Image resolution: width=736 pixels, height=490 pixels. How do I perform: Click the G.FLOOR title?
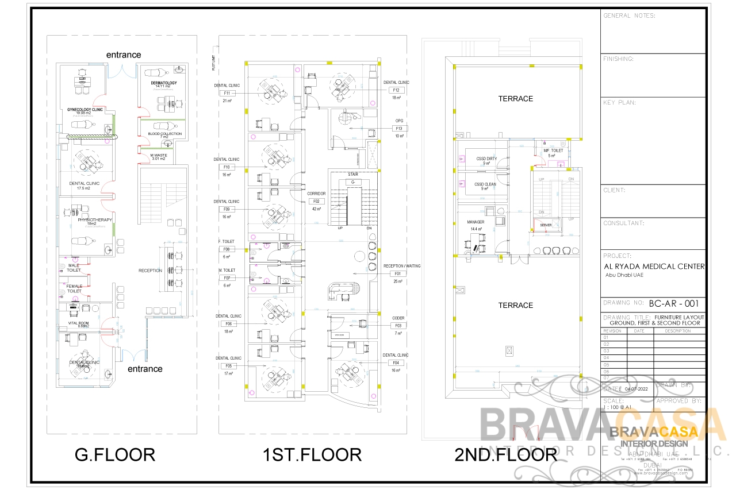tap(115, 455)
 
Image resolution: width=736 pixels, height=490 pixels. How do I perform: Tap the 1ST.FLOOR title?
tap(312, 455)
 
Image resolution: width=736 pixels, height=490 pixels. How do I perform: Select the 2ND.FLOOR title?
tap(505, 455)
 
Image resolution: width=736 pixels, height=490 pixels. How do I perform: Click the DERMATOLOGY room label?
tap(164, 83)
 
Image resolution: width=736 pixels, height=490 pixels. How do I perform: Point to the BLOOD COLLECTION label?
tap(164, 134)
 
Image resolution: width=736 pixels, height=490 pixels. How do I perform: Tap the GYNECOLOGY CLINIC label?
tap(85, 109)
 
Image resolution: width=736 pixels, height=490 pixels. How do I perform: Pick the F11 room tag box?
tap(227, 93)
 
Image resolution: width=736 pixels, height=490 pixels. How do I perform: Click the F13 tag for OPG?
tap(398, 129)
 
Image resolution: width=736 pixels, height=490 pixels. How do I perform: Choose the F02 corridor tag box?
tap(316, 202)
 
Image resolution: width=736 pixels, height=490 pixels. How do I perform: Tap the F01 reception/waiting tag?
tap(397, 274)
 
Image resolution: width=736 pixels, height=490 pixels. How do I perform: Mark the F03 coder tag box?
tap(397, 326)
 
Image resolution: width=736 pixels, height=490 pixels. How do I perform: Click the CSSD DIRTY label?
tap(486, 159)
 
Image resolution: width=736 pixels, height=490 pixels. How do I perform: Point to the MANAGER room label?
tap(476, 222)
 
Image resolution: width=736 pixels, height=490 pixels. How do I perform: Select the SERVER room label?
tap(546, 225)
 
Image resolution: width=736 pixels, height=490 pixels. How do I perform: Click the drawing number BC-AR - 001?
tap(673, 303)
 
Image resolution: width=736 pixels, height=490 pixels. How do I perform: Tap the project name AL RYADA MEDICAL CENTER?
tap(654, 267)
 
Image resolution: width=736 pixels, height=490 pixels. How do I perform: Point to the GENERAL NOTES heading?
tap(629, 16)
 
